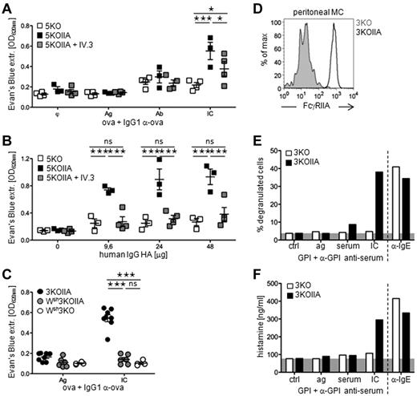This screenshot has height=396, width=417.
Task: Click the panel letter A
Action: click(7, 8)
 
